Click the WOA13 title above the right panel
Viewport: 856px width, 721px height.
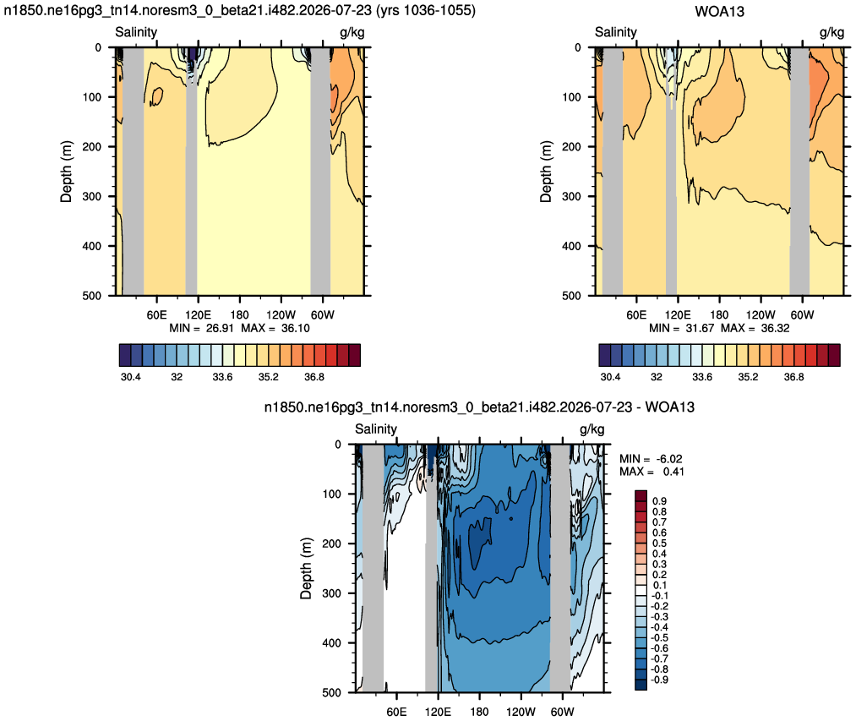click(x=719, y=12)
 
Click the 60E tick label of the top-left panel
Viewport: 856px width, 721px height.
click(x=156, y=314)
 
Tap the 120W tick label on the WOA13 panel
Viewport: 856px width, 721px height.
click(x=761, y=314)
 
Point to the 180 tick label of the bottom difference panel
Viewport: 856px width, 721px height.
click(x=479, y=712)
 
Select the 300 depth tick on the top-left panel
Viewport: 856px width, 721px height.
click(x=92, y=196)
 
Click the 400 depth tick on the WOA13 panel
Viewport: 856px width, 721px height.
click(x=571, y=246)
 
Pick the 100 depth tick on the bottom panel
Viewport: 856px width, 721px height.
click(x=332, y=494)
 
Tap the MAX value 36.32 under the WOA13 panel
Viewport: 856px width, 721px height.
click(x=775, y=328)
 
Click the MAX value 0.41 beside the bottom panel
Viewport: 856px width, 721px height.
click(x=673, y=472)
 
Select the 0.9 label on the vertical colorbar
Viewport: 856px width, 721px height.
click(x=659, y=501)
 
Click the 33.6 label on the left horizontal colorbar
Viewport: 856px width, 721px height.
click(x=222, y=377)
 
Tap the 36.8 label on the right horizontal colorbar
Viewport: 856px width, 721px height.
click(x=793, y=377)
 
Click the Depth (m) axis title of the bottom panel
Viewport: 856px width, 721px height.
click(x=306, y=568)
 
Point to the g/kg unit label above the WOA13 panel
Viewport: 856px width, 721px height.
click(x=831, y=32)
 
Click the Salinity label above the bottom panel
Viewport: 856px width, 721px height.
click(x=375, y=429)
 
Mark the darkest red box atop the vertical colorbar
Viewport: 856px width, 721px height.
click(x=641, y=495)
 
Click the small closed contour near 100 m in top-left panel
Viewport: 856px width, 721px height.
click(x=156, y=96)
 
